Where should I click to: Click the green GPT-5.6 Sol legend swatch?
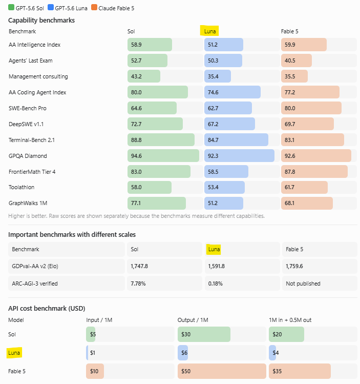point(11,7)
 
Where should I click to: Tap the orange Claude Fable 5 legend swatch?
point(94,7)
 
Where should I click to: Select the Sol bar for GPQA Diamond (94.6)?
point(163,156)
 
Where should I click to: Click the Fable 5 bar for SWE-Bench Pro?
point(311,108)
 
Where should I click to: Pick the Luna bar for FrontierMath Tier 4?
point(226,172)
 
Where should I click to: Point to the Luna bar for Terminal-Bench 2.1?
point(236,140)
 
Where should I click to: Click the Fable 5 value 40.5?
point(290,60)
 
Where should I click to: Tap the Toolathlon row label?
point(22,187)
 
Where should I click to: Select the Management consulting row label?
point(38,76)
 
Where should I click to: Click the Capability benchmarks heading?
point(41,21)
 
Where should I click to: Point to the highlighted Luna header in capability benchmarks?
point(209,31)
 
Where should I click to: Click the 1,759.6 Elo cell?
point(294,266)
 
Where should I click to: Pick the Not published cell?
point(303,284)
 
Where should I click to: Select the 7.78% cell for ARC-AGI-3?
point(138,284)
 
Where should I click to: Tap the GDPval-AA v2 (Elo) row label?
point(35,266)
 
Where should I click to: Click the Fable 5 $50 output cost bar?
point(222,371)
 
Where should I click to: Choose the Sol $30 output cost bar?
point(204,334)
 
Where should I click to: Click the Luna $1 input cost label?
point(93,353)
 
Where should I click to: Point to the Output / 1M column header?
point(193,320)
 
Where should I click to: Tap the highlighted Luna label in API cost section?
point(14,353)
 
